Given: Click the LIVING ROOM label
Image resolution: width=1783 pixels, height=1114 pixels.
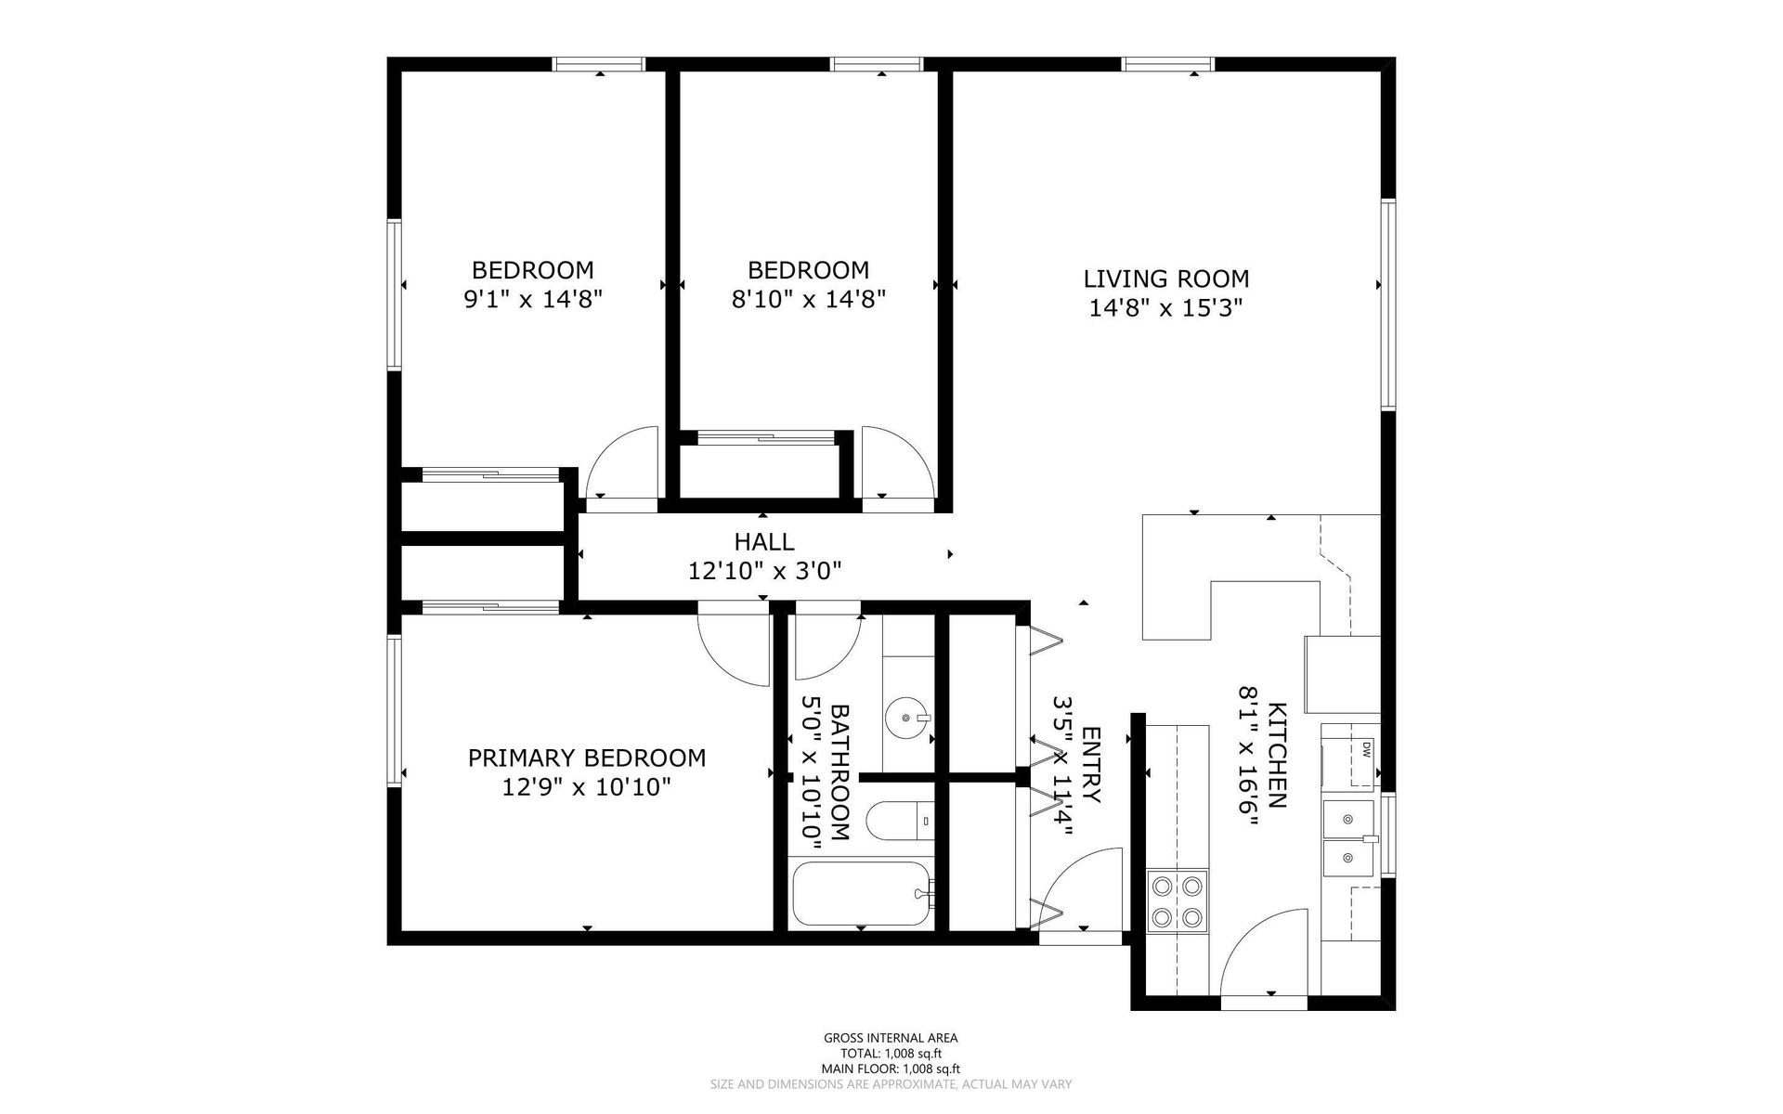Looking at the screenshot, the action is [1166, 278].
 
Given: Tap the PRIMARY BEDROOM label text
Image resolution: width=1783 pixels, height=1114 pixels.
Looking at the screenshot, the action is [587, 758].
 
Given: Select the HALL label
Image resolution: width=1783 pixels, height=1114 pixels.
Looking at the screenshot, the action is [764, 541].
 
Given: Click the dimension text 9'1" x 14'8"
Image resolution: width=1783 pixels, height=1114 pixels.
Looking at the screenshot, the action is [533, 300].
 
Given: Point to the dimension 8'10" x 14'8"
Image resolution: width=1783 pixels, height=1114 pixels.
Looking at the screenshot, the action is [809, 300].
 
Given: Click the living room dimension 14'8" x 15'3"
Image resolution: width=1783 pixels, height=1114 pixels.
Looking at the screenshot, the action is [1166, 307].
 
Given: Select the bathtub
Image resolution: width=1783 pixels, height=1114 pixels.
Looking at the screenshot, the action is [861, 893].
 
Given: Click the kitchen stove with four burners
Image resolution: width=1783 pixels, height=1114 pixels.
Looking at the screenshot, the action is [1178, 900].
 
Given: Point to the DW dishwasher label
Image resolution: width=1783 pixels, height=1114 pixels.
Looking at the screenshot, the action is [1367, 749].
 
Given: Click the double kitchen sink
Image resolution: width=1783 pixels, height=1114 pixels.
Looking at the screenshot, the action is [1349, 839].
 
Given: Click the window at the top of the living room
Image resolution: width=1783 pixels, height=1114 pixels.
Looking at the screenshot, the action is [1168, 64].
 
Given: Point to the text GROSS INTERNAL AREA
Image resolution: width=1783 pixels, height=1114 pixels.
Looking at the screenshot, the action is [891, 1039].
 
